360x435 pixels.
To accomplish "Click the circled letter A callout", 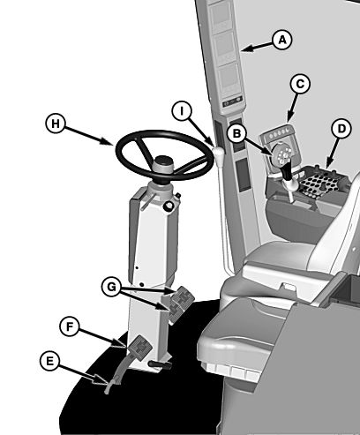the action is pos(282,40).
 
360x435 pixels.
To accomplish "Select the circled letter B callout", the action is pos(236,133).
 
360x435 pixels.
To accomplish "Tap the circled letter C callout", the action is pos(300,84).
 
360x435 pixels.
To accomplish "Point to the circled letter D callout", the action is pos(341,129).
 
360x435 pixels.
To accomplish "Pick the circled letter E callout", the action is pos(49,361).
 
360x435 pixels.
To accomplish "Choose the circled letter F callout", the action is pos(70,326).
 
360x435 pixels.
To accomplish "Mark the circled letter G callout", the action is pos(111,287).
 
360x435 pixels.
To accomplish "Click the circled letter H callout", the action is pos(56,124).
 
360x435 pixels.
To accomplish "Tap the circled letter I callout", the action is pos(182,111).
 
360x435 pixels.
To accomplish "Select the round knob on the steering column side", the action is pos(169,206).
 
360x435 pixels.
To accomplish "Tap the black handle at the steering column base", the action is pos(160,365).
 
